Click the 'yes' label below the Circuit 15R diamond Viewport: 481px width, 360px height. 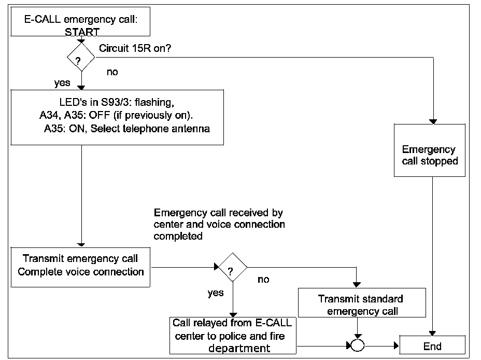point(62,83)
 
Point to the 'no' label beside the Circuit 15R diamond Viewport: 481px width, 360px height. point(112,72)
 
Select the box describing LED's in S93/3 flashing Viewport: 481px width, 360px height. point(117,117)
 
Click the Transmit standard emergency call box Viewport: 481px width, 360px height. point(360,304)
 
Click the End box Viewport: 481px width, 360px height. point(432,345)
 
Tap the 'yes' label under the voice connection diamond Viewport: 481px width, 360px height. point(216,293)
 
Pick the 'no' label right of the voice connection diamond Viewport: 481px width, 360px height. point(264,279)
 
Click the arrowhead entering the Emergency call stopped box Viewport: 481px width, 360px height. point(433,121)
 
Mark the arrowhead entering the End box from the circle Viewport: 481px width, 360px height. point(396,345)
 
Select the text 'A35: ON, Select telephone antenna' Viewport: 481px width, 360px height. point(127,129)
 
